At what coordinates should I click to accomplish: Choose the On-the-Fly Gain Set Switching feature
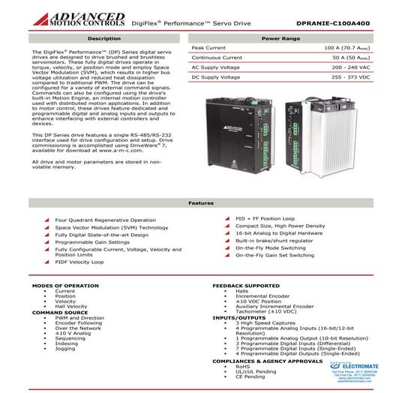pos(274,255)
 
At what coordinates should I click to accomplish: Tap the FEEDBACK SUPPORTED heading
pos(247,286)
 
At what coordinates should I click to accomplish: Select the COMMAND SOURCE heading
pos(54,312)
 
